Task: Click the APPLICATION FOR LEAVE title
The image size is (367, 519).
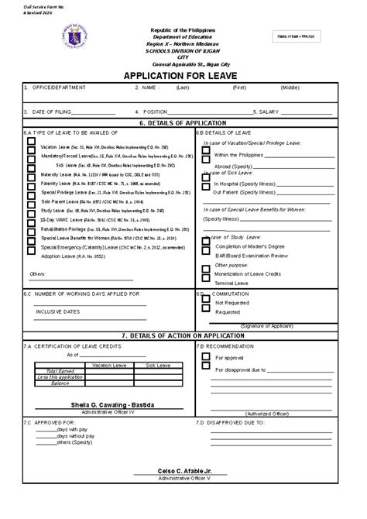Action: coord(183,76)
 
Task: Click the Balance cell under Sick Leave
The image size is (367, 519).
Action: coord(162,383)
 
